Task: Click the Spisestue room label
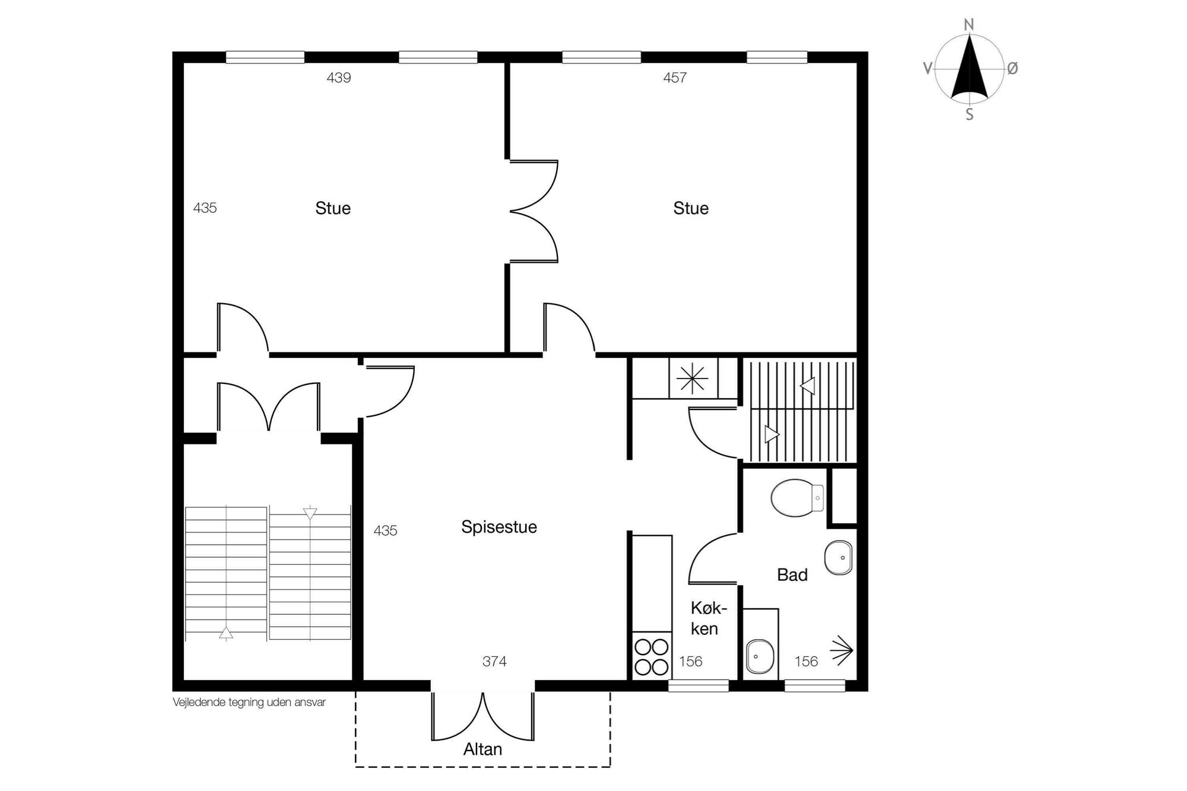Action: point(499,528)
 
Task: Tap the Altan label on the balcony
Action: point(483,749)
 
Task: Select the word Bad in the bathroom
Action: point(792,575)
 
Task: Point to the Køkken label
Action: point(709,618)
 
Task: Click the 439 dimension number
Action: point(339,78)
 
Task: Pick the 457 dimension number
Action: point(675,78)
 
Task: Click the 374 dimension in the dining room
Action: point(494,662)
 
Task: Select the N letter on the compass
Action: point(969,25)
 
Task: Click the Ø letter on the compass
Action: point(1013,69)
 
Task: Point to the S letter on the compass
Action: point(969,115)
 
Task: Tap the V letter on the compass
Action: point(928,69)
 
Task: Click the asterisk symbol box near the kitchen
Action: point(693,378)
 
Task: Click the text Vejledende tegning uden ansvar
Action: point(249,703)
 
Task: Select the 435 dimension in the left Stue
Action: point(205,208)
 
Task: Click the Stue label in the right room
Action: point(691,208)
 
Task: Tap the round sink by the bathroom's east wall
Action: point(838,558)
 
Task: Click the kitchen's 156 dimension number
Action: point(691,662)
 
